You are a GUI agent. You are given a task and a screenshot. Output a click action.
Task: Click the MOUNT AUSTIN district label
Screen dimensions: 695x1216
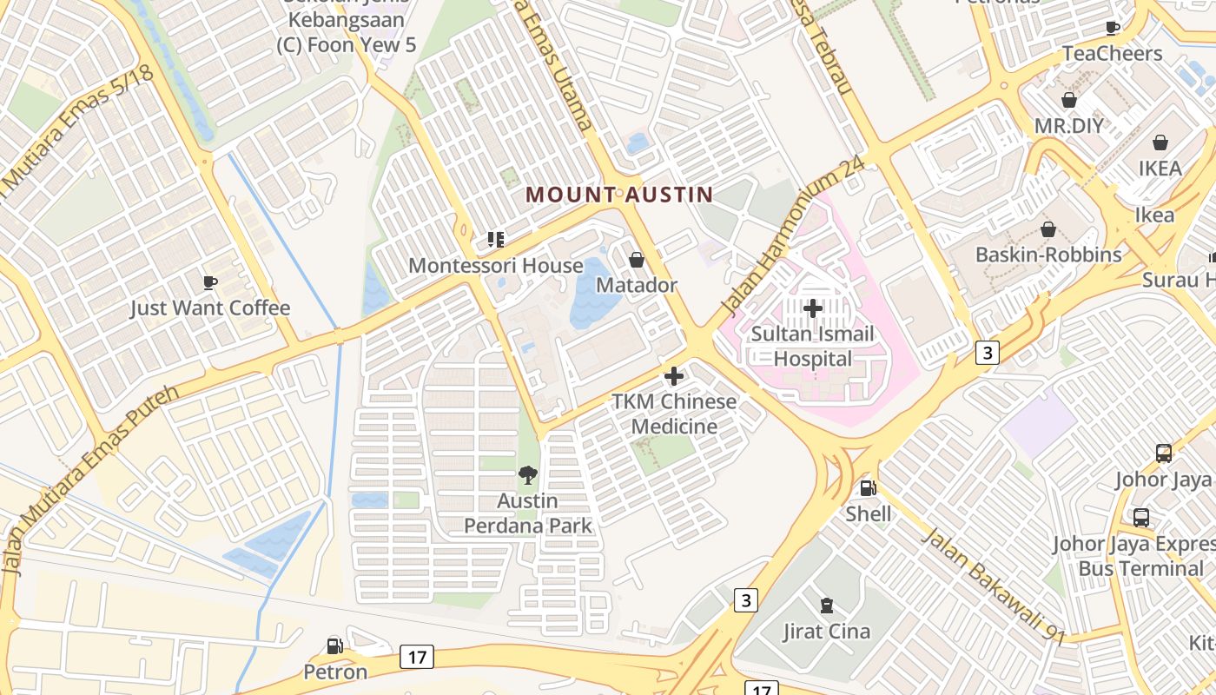pos(619,195)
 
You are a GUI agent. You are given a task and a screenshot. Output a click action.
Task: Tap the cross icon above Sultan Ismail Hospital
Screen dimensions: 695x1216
pos(813,308)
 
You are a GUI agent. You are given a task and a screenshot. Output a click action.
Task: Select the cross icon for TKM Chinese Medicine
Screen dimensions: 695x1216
pos(673,376)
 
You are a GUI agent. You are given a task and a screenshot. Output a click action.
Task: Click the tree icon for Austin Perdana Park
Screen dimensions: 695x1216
pos(527,474)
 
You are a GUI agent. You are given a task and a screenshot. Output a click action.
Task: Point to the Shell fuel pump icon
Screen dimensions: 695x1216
pos(867,488)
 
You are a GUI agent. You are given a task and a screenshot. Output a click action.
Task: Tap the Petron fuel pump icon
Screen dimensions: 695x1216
pos(334,645)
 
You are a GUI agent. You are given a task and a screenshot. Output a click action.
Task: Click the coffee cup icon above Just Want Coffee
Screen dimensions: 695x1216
pos(209,281)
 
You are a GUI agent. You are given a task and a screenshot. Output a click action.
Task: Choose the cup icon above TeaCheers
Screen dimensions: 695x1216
pos(1113,28)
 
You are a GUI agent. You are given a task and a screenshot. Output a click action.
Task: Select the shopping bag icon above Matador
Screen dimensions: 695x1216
pos(636,260)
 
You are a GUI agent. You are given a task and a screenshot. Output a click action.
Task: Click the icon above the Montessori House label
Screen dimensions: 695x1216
pos(495,239)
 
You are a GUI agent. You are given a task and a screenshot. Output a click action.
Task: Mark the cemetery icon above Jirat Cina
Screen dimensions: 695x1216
pos(826,605)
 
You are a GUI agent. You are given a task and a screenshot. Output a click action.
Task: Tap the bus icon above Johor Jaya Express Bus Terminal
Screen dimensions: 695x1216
pos(1141,518)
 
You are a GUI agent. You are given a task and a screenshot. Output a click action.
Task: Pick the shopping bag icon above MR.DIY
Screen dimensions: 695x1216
pos(1068,100)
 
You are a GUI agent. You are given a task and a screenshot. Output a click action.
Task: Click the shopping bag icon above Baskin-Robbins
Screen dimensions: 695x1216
pos(1048,229)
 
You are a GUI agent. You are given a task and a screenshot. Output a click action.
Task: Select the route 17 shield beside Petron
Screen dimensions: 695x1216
pos(417,657)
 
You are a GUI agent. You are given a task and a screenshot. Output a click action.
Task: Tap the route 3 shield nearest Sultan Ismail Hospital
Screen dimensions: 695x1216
pos(987,352)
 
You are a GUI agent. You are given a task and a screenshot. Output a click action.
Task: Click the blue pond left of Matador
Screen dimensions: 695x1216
pos(594,294)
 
